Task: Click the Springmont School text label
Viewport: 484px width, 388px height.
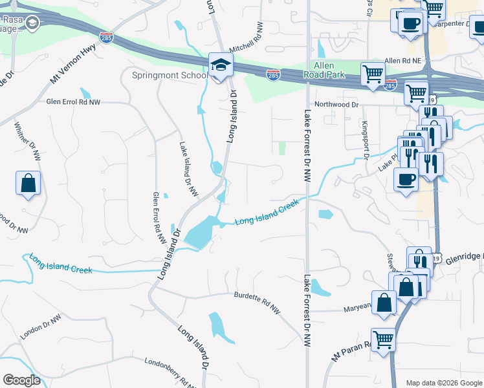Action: tap(170, 75)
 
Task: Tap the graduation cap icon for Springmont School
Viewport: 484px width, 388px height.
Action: tap(221, 65)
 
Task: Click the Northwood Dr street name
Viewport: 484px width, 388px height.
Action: tap(336, 104)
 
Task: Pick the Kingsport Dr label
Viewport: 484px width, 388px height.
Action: tap(365, 139)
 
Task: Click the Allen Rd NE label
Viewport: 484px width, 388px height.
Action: tap(403, 60)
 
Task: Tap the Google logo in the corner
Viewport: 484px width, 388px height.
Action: tap(21, 380)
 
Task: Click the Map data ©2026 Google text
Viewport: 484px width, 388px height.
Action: tap(443, 383)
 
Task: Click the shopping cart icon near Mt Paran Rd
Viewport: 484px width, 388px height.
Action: tap(383, 339)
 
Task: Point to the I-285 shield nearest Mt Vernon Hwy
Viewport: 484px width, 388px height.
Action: tap(105, 39)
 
